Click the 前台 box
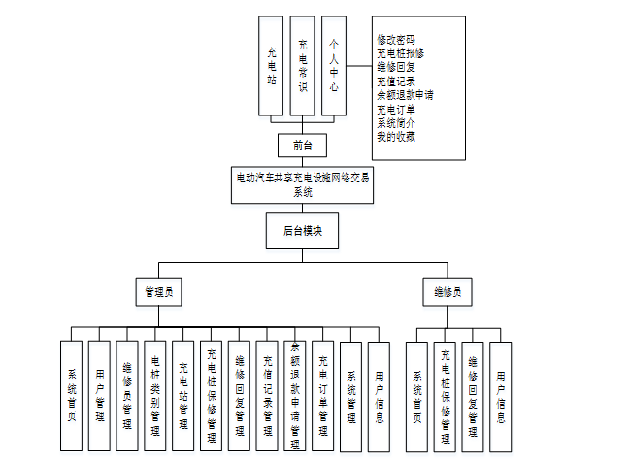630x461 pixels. (301, 147)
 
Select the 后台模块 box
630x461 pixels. (301, 231)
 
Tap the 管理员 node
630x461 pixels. (159, 291)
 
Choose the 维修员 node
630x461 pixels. (448, 291)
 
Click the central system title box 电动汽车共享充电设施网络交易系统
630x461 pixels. (303, 184)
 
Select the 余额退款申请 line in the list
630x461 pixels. (405, 95)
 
